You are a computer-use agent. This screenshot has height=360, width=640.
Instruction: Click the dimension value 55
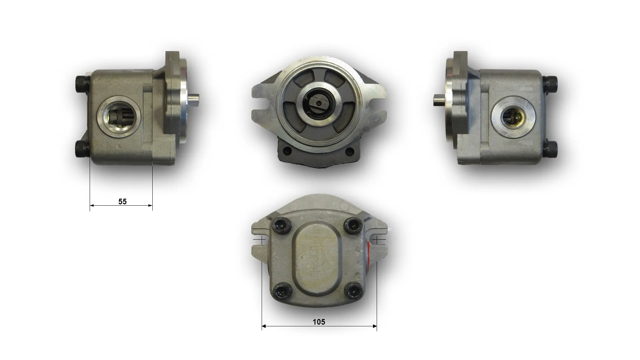(122, 201)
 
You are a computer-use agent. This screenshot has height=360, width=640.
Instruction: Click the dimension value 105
(319, 322)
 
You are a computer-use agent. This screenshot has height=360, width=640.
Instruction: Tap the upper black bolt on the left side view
(82, 81)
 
